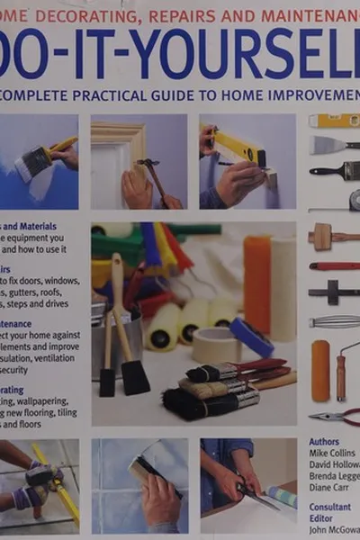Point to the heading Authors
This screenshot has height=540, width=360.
pos(324,442)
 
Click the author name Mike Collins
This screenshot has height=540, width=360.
pos(333,454)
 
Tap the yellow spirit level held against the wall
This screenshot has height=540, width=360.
pos(236,145)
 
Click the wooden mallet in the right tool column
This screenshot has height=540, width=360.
pos(326,237)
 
